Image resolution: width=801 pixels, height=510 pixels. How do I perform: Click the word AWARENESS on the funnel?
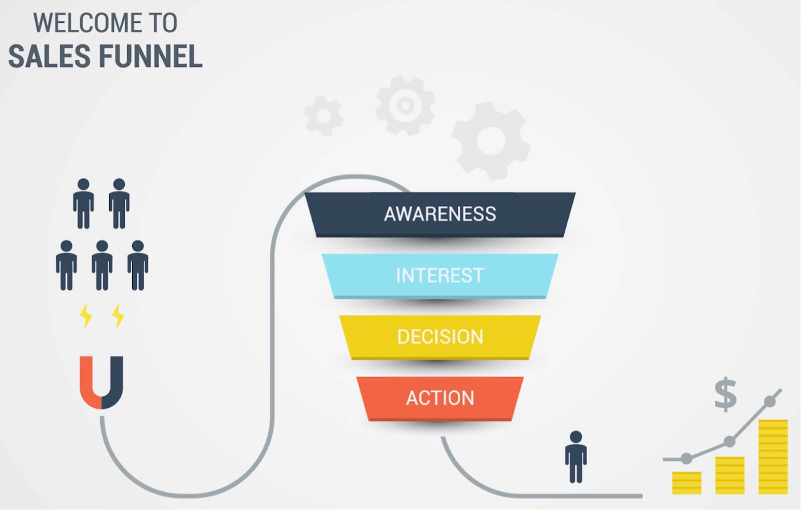440,214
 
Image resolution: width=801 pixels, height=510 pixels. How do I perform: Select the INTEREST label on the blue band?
440,275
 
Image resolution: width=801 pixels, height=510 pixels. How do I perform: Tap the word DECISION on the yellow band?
440,337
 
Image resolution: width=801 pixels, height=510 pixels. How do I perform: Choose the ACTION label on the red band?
440,398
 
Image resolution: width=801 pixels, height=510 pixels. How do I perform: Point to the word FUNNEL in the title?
151,56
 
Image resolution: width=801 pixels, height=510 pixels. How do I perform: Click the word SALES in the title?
50,56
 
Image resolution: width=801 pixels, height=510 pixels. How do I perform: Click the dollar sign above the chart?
725,394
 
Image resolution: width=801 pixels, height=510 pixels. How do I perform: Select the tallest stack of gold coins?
773,457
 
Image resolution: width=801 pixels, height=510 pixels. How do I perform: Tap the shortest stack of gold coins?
686,483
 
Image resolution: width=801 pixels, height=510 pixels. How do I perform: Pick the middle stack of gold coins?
730,475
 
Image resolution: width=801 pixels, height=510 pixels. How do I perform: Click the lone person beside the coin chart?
576,457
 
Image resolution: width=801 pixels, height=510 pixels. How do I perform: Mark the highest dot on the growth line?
769,401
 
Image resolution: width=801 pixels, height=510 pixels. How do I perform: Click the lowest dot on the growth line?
686,458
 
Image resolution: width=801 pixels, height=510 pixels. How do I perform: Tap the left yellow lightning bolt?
86,316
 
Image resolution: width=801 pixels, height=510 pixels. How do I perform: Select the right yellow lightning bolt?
118,316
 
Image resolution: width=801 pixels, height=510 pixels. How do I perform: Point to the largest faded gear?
491,141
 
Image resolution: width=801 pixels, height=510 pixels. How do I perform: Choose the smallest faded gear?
323,116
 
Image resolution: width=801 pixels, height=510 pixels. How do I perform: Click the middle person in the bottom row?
102,265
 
